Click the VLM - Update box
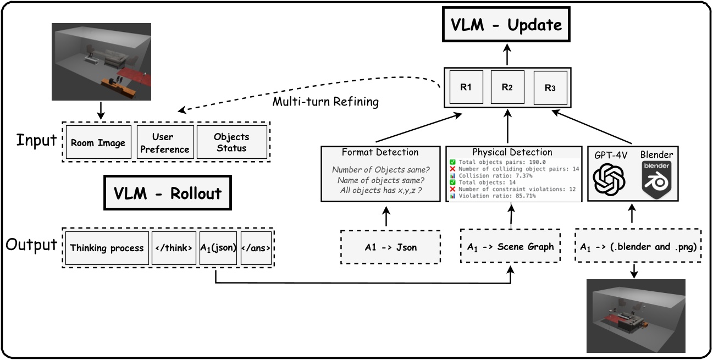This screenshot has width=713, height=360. pos(507,25)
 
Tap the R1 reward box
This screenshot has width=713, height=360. pos(466,87)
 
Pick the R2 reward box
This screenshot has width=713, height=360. pos(507,87)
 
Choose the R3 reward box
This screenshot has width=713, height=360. pos(550,87)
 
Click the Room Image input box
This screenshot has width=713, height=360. pos(98,143)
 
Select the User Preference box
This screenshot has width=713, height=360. pos(165,143)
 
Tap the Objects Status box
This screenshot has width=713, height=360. pos(231,142)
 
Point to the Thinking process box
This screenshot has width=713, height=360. pos(107,248)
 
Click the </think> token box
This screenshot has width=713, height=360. pos(173,248)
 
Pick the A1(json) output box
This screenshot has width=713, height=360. pos(218,248)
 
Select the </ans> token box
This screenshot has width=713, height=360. pos(256,248)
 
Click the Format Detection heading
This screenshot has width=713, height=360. pos(380,152)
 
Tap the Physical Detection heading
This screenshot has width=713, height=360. pos(513,152)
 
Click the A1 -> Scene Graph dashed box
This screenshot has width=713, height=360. pos(511,247)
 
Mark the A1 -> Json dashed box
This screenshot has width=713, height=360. pos(391,247)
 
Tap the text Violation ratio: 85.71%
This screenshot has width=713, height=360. pos(493,195)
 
